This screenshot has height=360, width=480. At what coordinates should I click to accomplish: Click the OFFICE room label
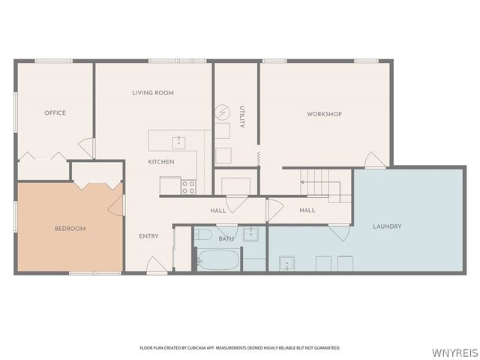(55, 113)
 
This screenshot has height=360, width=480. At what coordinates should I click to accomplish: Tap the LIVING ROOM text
(153, 93)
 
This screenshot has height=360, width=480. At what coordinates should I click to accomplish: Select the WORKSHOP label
(324, 114)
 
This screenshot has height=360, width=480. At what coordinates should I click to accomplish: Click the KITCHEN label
(161, 162)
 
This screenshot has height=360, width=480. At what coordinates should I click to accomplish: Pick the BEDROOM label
(70, 228)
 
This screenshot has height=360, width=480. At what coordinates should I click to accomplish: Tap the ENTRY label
(148, 236)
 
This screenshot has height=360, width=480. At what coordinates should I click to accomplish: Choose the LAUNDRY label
(387, 226)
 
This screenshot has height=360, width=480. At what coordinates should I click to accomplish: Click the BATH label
(226, 239)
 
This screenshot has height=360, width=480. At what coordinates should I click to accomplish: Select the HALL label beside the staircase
(307, 211)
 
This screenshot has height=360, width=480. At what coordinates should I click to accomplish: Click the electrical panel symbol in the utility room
(223, 112)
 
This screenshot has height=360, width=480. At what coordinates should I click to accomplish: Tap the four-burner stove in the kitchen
(188, 184)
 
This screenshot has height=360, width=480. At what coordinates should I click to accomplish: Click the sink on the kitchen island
(179, 140)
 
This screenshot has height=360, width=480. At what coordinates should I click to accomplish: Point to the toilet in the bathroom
(203, 235)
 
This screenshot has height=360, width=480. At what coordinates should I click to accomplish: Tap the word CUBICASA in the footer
(194, 348)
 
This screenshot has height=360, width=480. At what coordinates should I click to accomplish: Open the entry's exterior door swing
(155, 265)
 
